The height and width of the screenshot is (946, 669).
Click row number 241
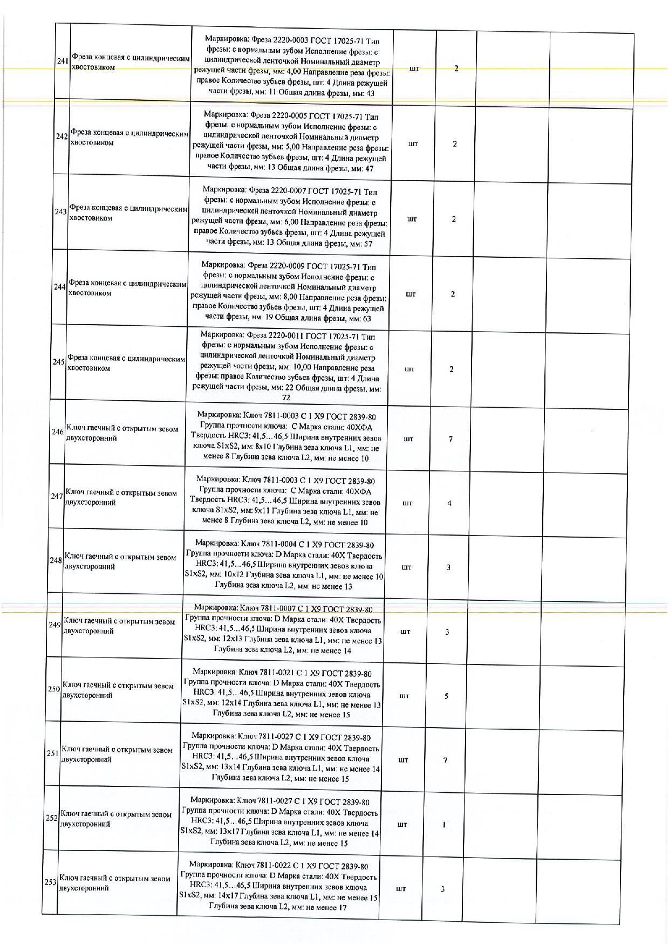[62, 61]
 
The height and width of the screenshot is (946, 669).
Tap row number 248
[56, 560]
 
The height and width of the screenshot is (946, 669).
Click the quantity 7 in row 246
[450, 439]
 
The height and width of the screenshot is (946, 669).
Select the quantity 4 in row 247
[449, 503]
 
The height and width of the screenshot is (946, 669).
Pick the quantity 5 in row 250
[446, 696]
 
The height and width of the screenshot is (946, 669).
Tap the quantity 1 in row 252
[444, 825]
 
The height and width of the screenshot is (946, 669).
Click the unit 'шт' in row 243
[412, 220]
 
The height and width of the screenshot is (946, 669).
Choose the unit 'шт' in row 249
[405, 632]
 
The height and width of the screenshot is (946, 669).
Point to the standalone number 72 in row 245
[286, 398]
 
